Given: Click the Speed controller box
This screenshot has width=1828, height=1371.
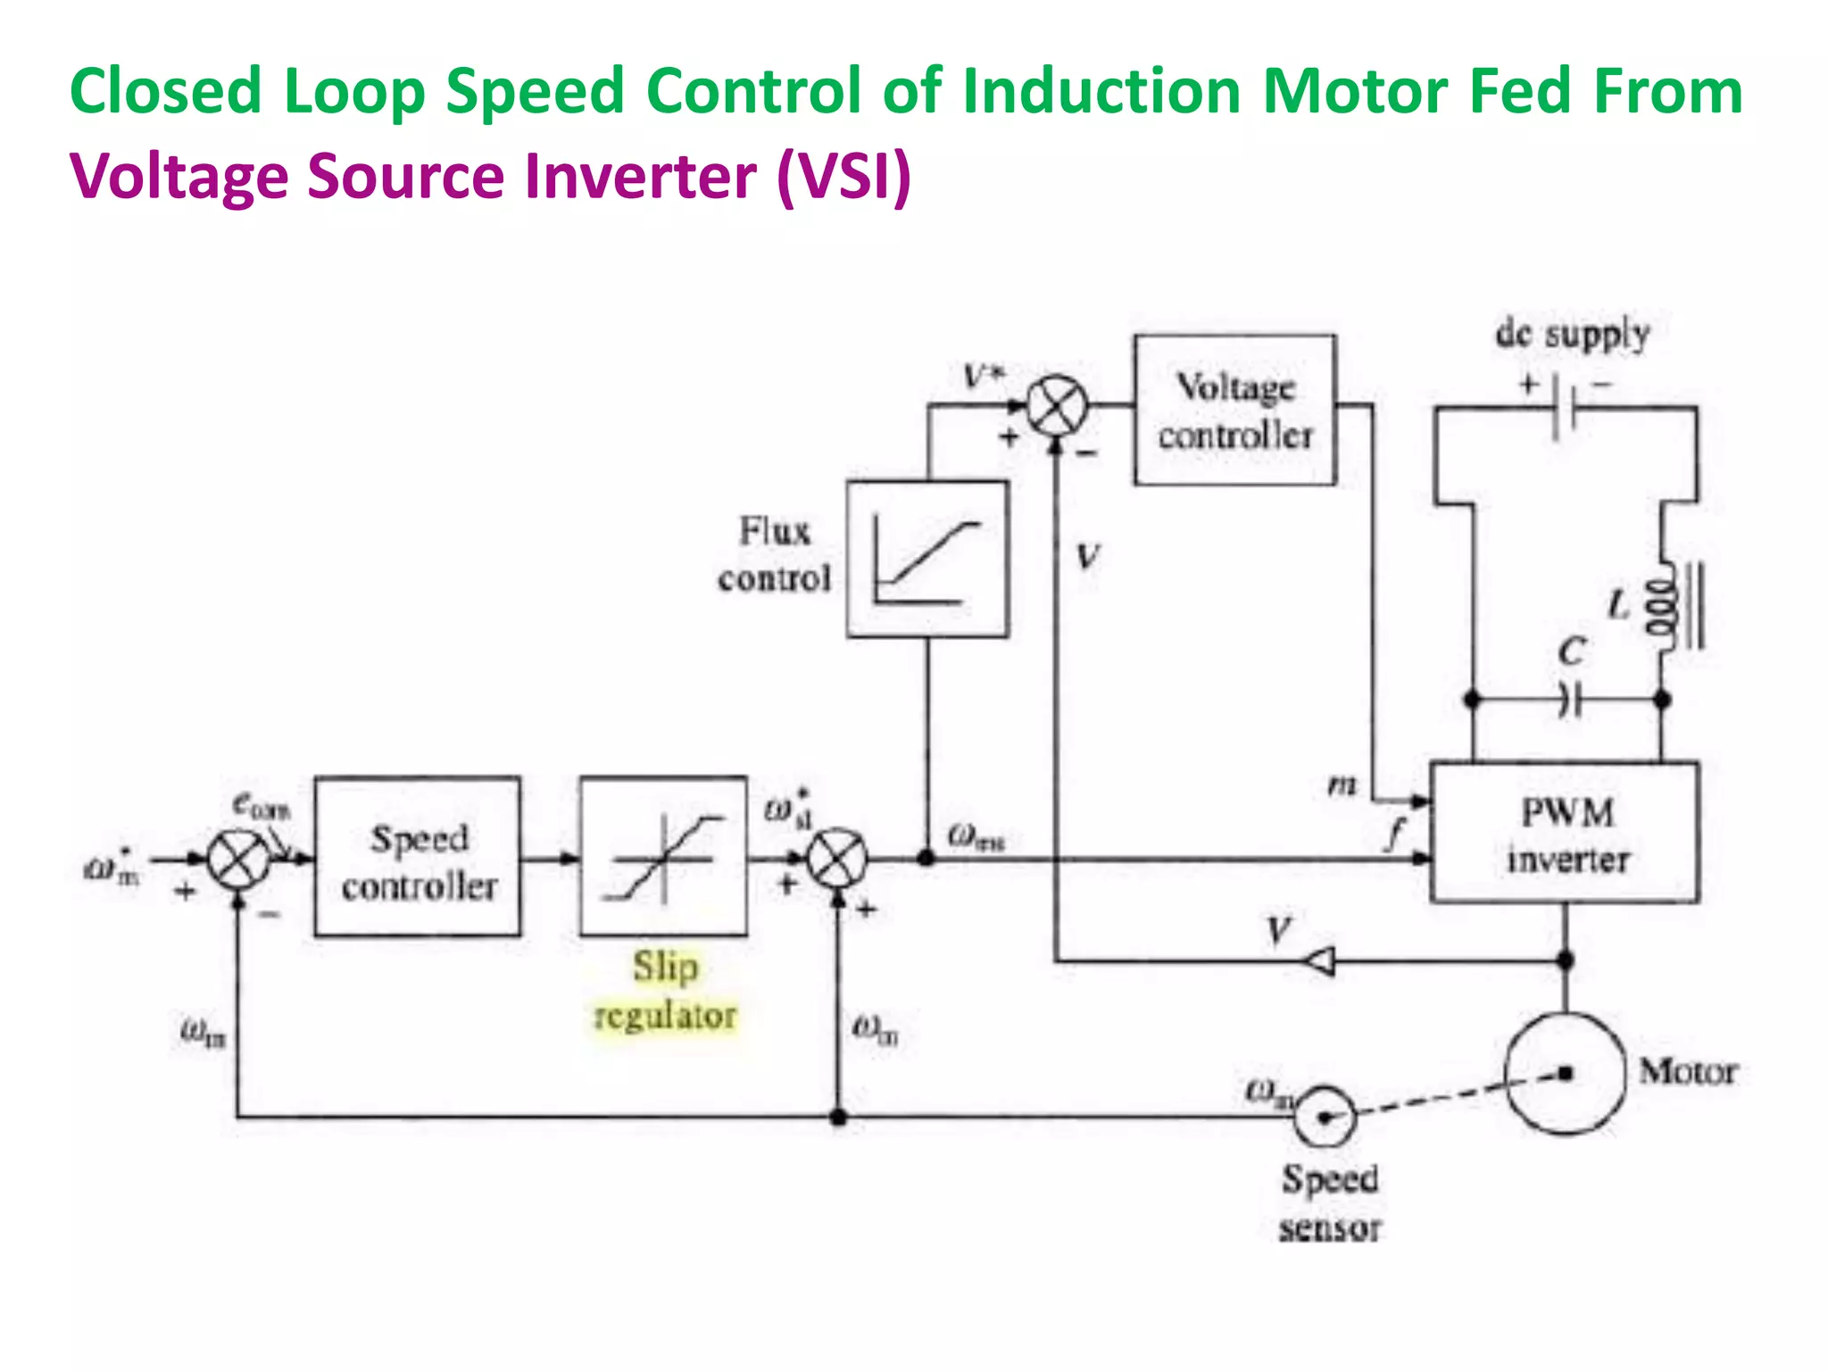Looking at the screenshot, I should pyautogui.click(x=418, y=857).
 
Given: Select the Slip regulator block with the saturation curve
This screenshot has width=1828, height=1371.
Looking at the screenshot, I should pyautogui.click(x=663, y=857).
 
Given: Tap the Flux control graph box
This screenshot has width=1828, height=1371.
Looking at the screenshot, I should pyautogui.click(x=927, y=560).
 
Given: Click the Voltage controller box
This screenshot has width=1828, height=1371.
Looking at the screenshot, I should pyautogui.click(x=1235, y=411).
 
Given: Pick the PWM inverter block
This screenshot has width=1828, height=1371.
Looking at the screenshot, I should pyautogui.click(x=1564, y=834).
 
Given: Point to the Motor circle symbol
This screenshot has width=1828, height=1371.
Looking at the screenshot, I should pyautogui.click(x=1565, y=1073).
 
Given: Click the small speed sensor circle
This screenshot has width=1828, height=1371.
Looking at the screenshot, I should pyautogui.click(x=1325, y=1116).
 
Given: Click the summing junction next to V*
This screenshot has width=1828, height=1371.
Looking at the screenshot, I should pyautogui.click(x=1057, y=406).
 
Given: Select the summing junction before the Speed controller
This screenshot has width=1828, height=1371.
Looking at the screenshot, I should pyautogui.click(x=238, y=860).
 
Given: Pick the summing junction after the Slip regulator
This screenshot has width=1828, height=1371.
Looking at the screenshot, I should pyautogui.click(x=837, y=860).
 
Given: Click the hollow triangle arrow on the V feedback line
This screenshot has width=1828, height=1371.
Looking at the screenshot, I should pyautogui.click(x=1319, y=961).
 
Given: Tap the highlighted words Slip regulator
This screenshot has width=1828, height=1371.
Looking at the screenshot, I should pyautogui.click(x=665, y=991).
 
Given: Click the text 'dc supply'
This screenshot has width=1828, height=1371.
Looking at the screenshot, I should pyautogui.click(x=1572, y=334).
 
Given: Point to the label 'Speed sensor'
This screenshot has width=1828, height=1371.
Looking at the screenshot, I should pyautogui.click(x=1330, y=1203).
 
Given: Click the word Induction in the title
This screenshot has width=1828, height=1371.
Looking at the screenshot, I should pyautogui.click(x=1101, y=91).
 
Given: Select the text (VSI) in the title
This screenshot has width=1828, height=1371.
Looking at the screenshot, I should pyautogui.click(x=843, y=176).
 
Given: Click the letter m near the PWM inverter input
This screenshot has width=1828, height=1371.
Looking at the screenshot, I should pyautogui.click(x=1342, y=785).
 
